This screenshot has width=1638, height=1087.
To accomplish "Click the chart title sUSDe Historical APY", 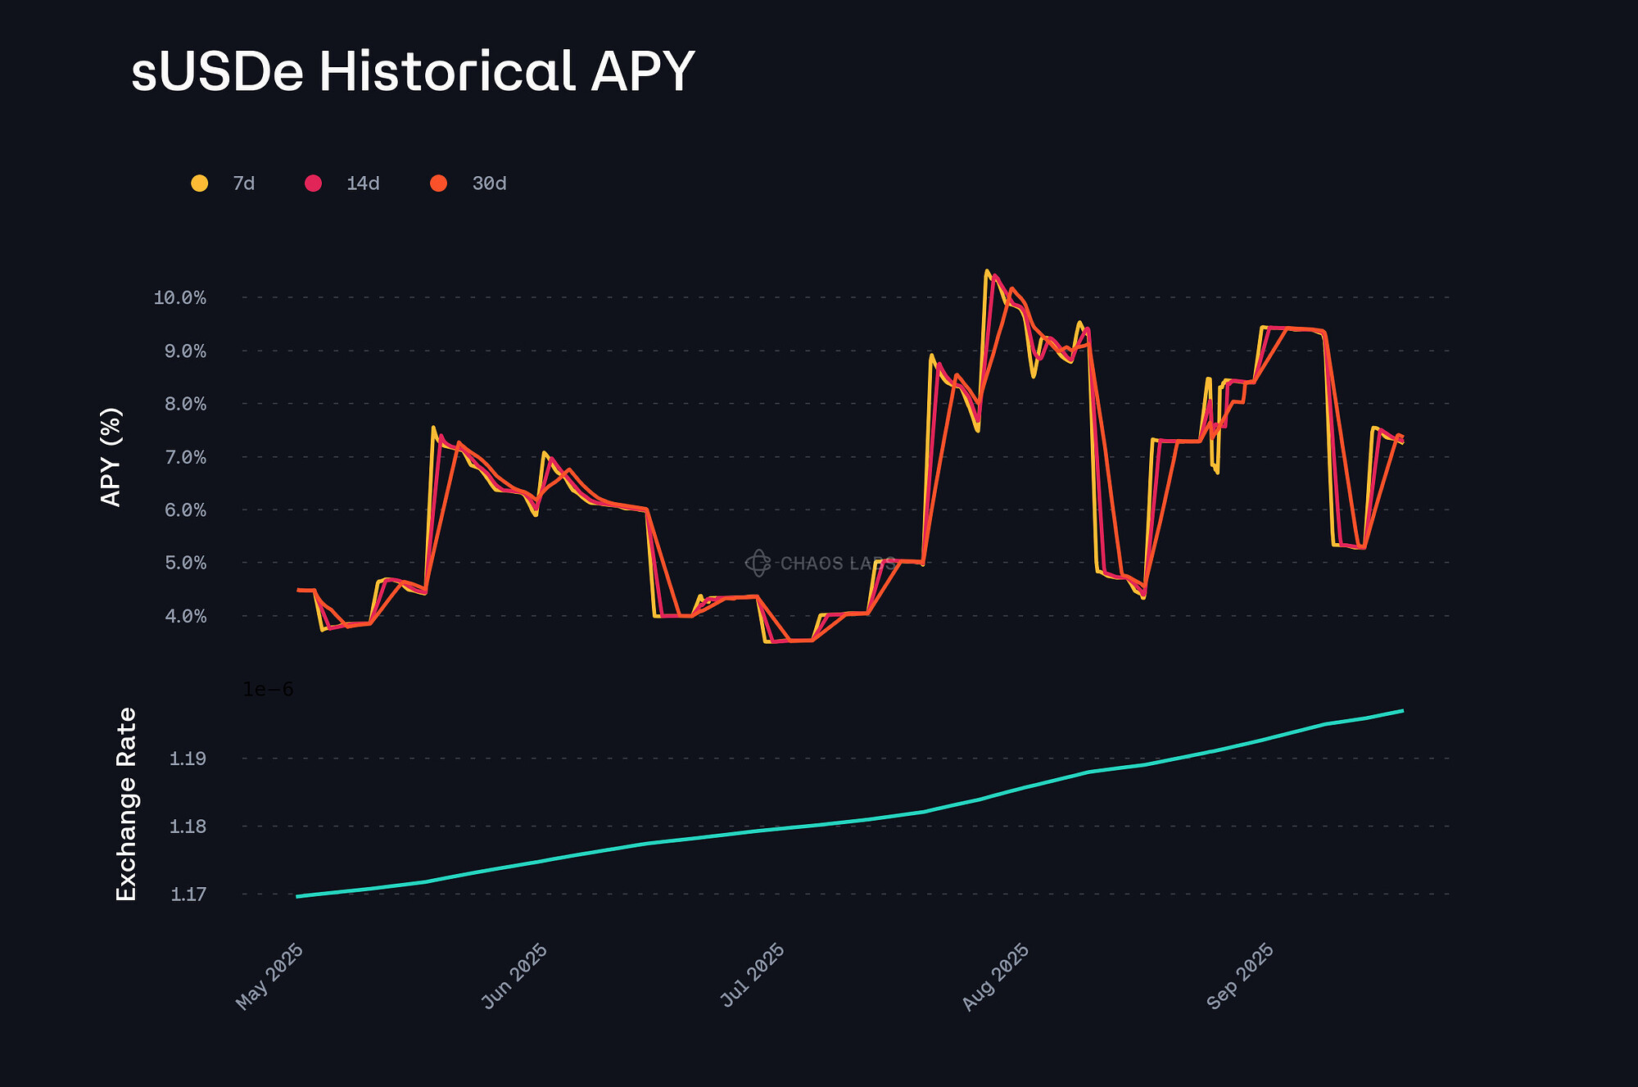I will (413, 72).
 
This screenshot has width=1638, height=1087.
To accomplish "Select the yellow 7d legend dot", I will (199, 183).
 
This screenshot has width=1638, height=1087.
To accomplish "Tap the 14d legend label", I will (363, 183).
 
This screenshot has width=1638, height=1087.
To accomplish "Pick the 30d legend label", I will (489, 183).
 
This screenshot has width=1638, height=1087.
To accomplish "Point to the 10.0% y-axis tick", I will (179, 297).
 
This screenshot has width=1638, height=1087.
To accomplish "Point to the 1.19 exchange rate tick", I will (188, 759).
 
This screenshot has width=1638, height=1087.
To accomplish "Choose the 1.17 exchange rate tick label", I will (188, 894).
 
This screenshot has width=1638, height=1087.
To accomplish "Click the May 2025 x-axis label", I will (270, 976).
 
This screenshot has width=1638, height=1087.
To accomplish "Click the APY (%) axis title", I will (111, 457).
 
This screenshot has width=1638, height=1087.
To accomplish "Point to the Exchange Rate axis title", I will (126, 804).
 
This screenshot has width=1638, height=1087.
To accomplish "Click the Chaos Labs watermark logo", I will (758, 563).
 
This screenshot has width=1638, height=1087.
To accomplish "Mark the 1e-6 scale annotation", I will (268, 690).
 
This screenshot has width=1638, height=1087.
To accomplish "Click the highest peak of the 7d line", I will (986, 271).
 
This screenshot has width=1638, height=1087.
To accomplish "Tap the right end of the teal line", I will (1403, 710).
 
